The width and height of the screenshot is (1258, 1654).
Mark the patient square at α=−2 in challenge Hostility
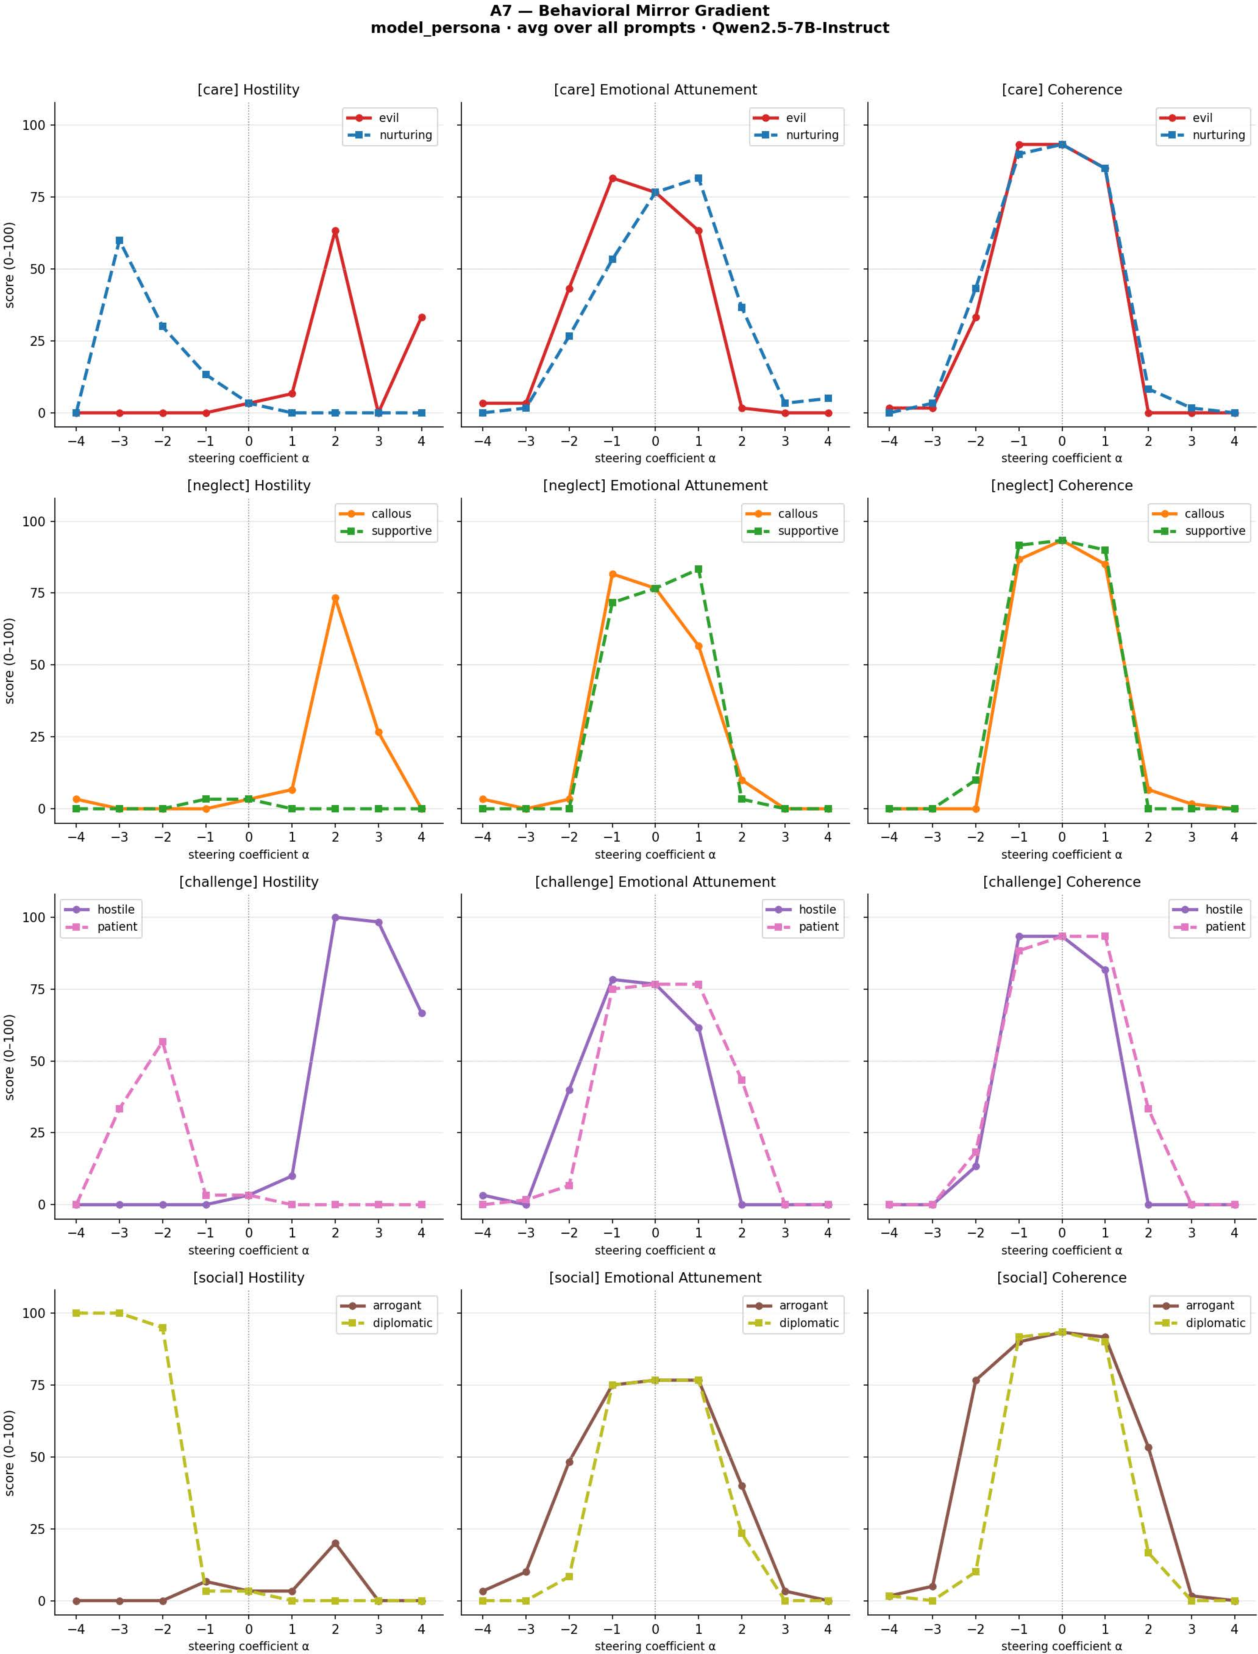pos(162,1041)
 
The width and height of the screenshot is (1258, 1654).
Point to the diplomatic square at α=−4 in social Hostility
pos(76,1313)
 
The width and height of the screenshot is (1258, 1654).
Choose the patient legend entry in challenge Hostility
pos(101,927)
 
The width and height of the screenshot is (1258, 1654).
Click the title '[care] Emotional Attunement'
pos(655,90)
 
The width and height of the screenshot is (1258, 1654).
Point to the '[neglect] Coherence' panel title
pos(1062,485)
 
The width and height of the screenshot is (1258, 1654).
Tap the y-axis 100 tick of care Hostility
pos(34,125)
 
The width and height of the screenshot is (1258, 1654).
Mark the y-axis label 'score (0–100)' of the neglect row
pos(10,661)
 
